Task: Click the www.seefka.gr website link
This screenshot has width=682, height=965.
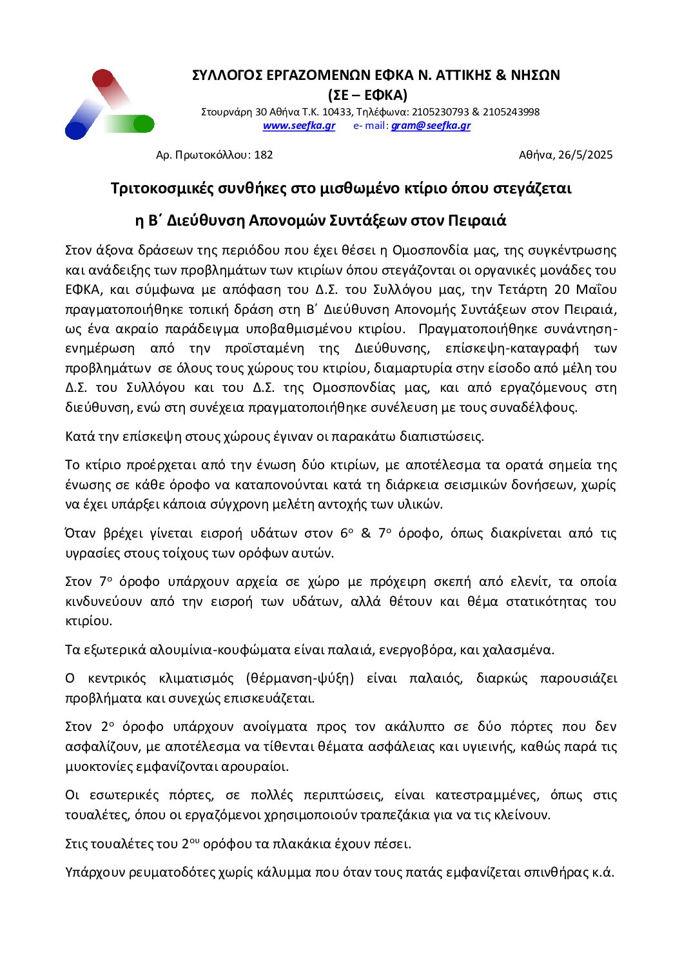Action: [298, 126]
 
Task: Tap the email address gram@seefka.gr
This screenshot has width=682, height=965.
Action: [431, 126]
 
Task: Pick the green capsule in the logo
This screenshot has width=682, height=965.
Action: [136, 124]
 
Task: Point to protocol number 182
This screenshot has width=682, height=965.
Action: [264, 155]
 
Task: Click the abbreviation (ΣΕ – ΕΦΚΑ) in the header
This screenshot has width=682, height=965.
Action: [367, 95]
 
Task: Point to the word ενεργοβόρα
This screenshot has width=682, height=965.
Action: [416, 650]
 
